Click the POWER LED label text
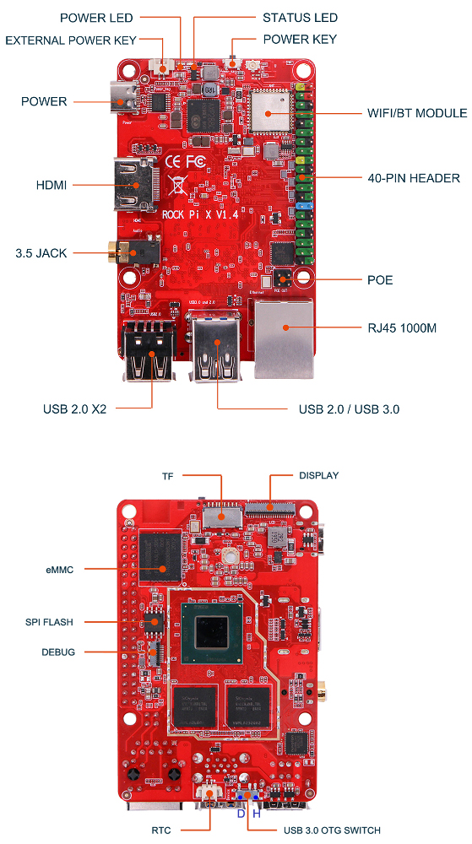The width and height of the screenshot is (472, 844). pyautogui.click(x=96, y=18)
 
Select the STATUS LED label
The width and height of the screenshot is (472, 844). pyautogui.click(x=300, y=18)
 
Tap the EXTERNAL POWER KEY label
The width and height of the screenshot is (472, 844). pyautogui.click(x=71, y=40)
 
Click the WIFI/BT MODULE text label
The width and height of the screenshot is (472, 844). pyautogui.click(x=416, y=113)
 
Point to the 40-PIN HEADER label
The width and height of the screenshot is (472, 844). pyautogui.click(x=414, y=178)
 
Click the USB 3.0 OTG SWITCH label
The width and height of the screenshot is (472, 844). pyautogui.click(x=332, y=830)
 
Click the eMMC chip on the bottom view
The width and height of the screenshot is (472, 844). pyautogui.click(x=160, y=555)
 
